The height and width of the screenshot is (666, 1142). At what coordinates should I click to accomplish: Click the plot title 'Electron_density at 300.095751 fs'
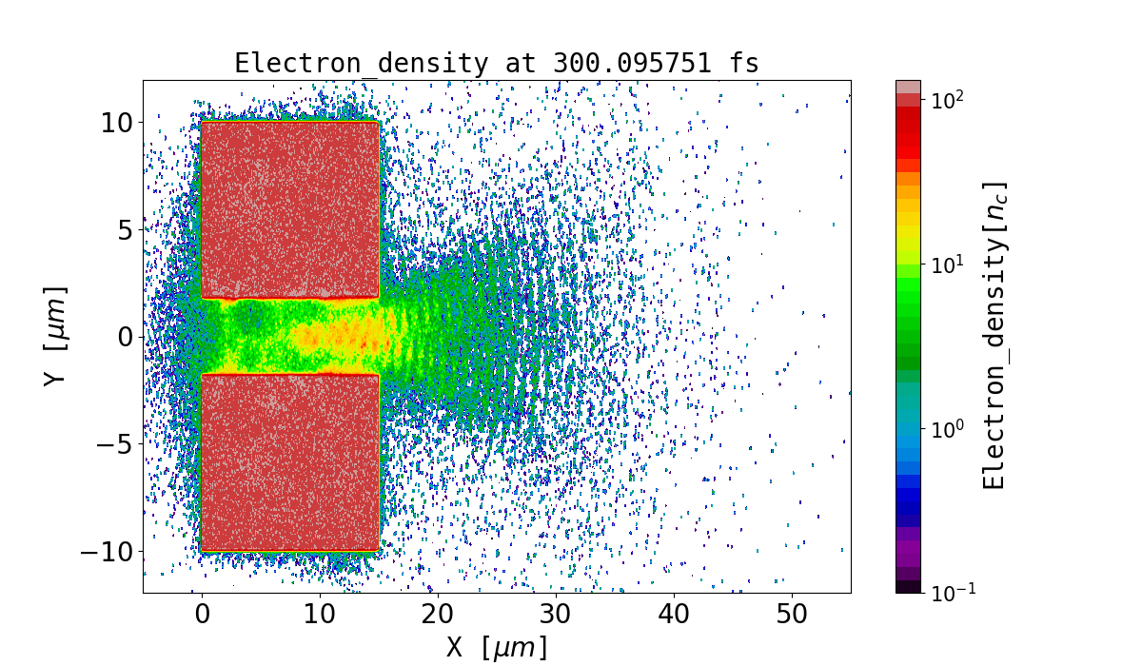click(497, 64)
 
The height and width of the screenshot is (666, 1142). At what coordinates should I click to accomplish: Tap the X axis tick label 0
click(202, 614)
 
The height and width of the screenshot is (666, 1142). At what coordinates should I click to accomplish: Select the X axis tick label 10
click(320, 614)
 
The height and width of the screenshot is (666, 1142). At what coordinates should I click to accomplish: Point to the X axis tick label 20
click(438, 614)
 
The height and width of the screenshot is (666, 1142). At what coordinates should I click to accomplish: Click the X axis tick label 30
click(556, 614)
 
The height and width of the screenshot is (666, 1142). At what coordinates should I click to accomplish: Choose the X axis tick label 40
click(674, 614)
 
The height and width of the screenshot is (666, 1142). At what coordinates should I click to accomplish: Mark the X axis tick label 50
click(792, 614)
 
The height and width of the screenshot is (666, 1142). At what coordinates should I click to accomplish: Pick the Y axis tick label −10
click(108, 552)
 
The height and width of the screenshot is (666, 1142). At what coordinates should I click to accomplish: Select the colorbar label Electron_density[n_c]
click(994, 336)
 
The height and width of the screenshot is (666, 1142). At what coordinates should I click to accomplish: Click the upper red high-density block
click(290, 209)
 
